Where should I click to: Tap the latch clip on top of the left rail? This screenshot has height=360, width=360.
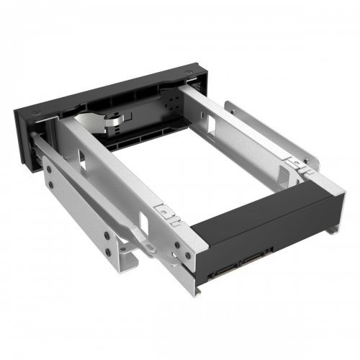pos(168,213)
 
